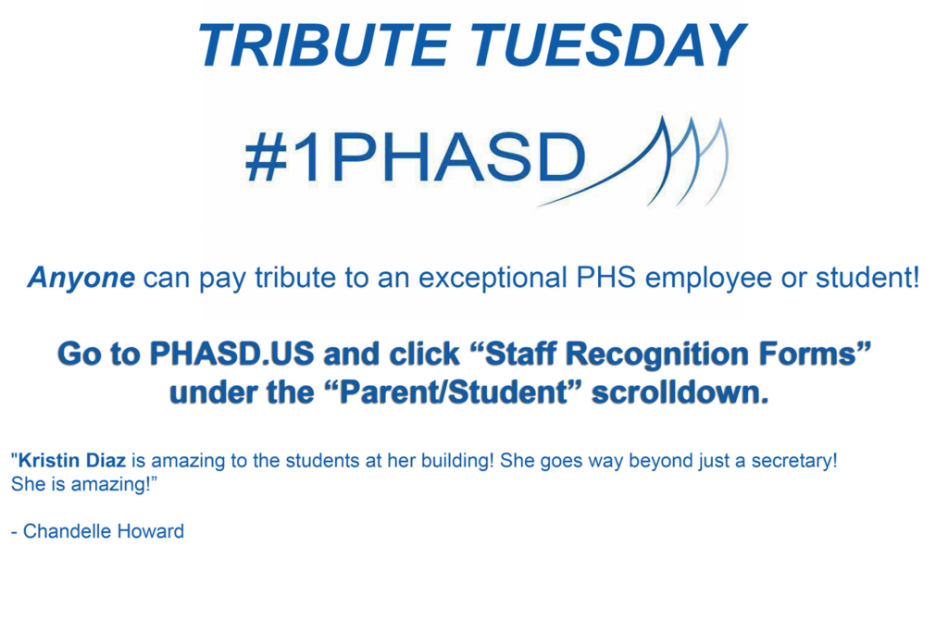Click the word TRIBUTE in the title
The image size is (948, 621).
point(323,45)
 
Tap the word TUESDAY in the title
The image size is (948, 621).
point(607,45)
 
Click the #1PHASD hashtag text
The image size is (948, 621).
point(416,157)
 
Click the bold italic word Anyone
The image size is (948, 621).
point(81,279)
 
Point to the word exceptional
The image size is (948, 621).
point(493,279)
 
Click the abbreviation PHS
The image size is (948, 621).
point(605,278)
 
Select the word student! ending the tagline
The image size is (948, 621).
point(867,278)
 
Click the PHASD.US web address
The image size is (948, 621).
point(231,354)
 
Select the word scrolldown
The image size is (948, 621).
point(680,393)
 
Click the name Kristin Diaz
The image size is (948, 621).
point(72,461)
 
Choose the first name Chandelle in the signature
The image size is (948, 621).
point(67,531)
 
